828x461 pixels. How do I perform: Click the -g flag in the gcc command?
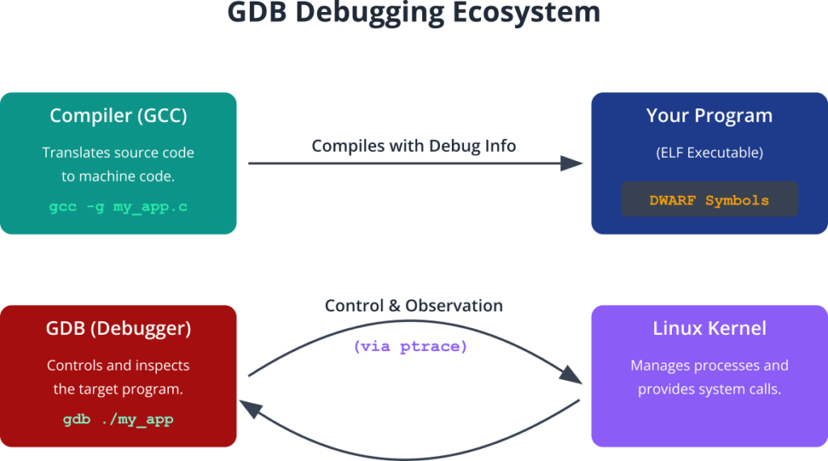[95, 206]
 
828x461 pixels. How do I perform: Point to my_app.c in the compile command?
[150, 206]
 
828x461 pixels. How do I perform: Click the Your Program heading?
[709, 116]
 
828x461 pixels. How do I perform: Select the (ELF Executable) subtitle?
[709, 152]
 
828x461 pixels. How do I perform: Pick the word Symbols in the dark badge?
[737, 201]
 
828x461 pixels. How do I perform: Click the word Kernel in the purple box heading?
[737, 329]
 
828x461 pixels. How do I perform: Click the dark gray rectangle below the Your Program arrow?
[404, 202]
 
